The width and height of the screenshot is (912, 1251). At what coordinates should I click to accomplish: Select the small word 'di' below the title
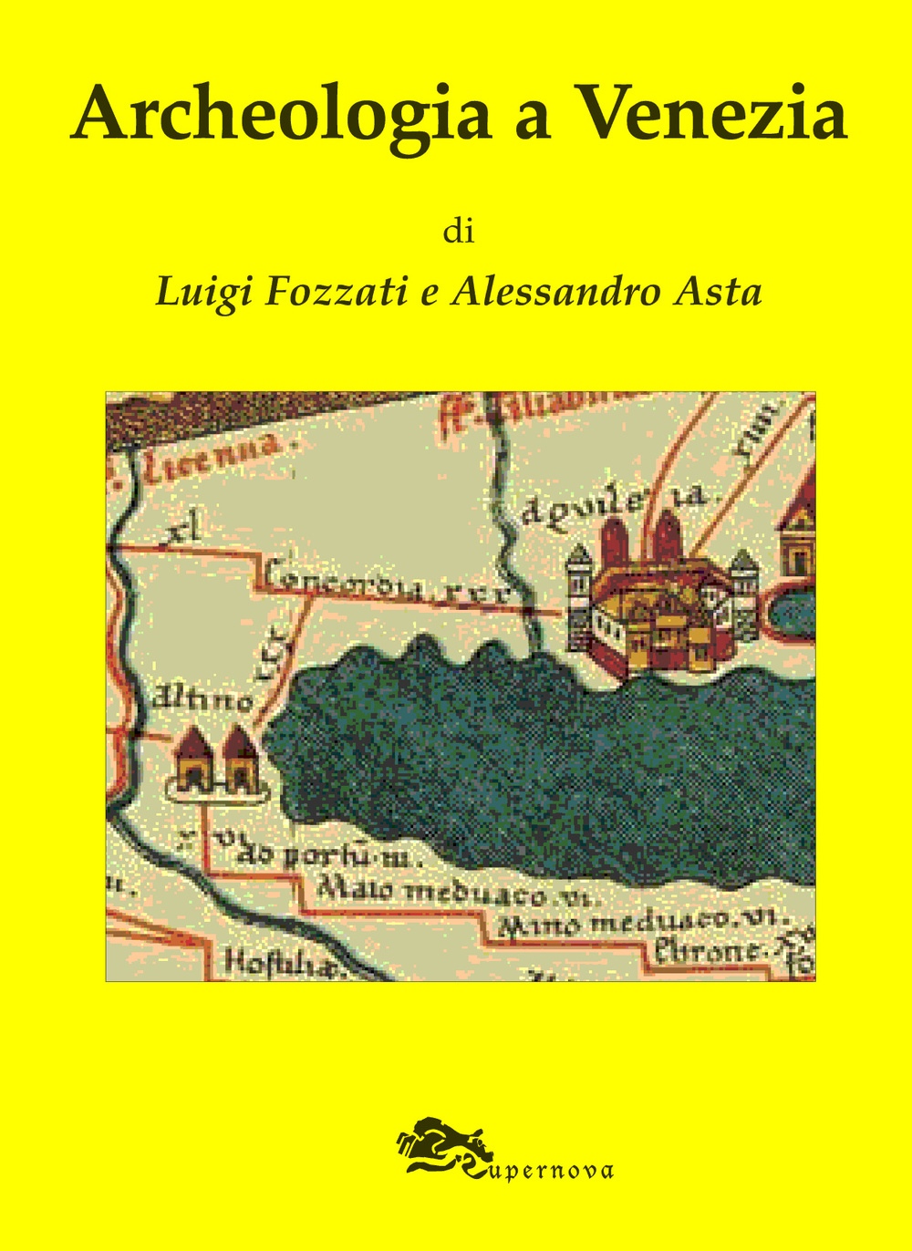[459, 232]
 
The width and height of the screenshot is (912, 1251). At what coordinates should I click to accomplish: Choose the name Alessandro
[557, 292]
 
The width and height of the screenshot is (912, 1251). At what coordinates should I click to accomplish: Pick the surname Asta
[718, 292]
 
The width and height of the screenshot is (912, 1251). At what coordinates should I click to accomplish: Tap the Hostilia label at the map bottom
[283, 963]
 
